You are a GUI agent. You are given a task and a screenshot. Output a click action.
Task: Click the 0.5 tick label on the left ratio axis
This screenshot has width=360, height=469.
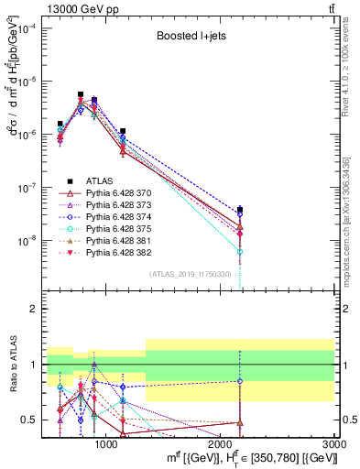(x=29, y=420)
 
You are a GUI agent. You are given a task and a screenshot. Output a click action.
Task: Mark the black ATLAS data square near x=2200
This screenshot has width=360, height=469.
(x=240, y=210)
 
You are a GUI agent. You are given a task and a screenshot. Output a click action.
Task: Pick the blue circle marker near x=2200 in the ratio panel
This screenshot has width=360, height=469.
(x=240, y=381)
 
